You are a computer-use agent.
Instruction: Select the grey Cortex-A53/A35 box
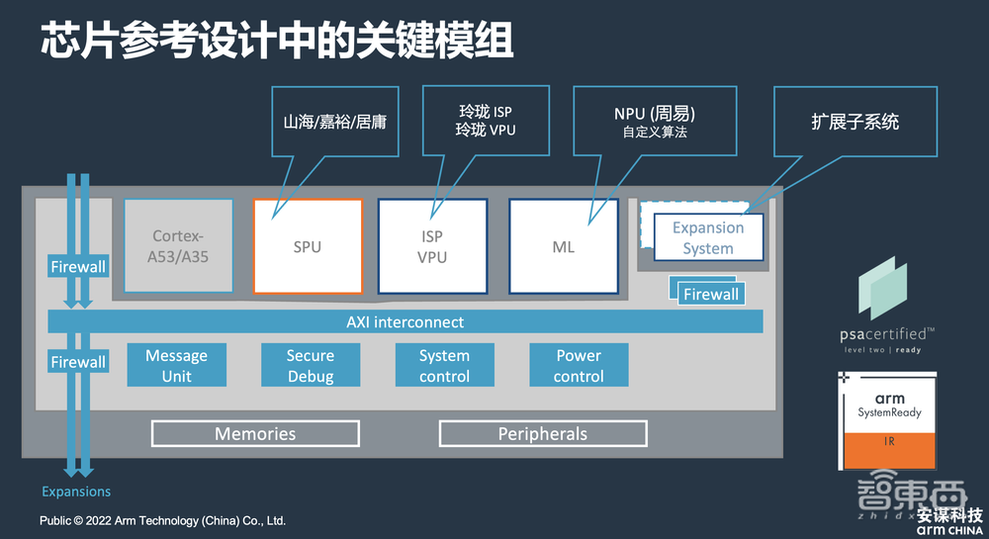(x=179, y=246)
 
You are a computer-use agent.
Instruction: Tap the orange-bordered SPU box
(x=307, y=246)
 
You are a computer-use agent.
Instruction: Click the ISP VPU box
(x=432, y=246)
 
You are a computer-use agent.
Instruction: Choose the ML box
(x=563, y=246)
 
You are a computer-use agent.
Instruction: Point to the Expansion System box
(x=708, y=238)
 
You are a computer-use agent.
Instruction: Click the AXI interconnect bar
(x=405, y=322)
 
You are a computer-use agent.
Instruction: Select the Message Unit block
(x=176, y=366)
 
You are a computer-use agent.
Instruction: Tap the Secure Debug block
(x=311, y=366)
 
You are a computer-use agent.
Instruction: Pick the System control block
(x=444, y=366)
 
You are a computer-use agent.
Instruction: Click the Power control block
(x=579, y=366)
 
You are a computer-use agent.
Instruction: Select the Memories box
(x=255, y=434)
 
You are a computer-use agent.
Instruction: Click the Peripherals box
(x=543, y=434)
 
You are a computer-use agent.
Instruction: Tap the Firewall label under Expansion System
(x=711, y=294)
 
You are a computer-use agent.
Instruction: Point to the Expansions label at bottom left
(x=76, y=492)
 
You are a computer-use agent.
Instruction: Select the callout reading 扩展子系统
(x=854, y=123)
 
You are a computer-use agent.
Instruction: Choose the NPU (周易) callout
(x=654, y=123)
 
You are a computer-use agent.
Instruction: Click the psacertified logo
(x=882, y=307)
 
